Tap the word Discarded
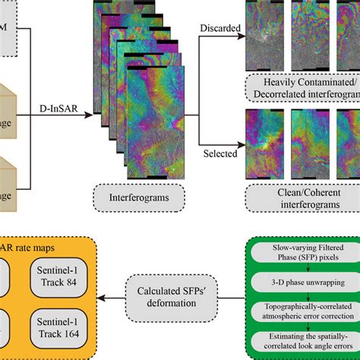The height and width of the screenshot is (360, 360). pyautogui.click(x=218, y=30)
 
